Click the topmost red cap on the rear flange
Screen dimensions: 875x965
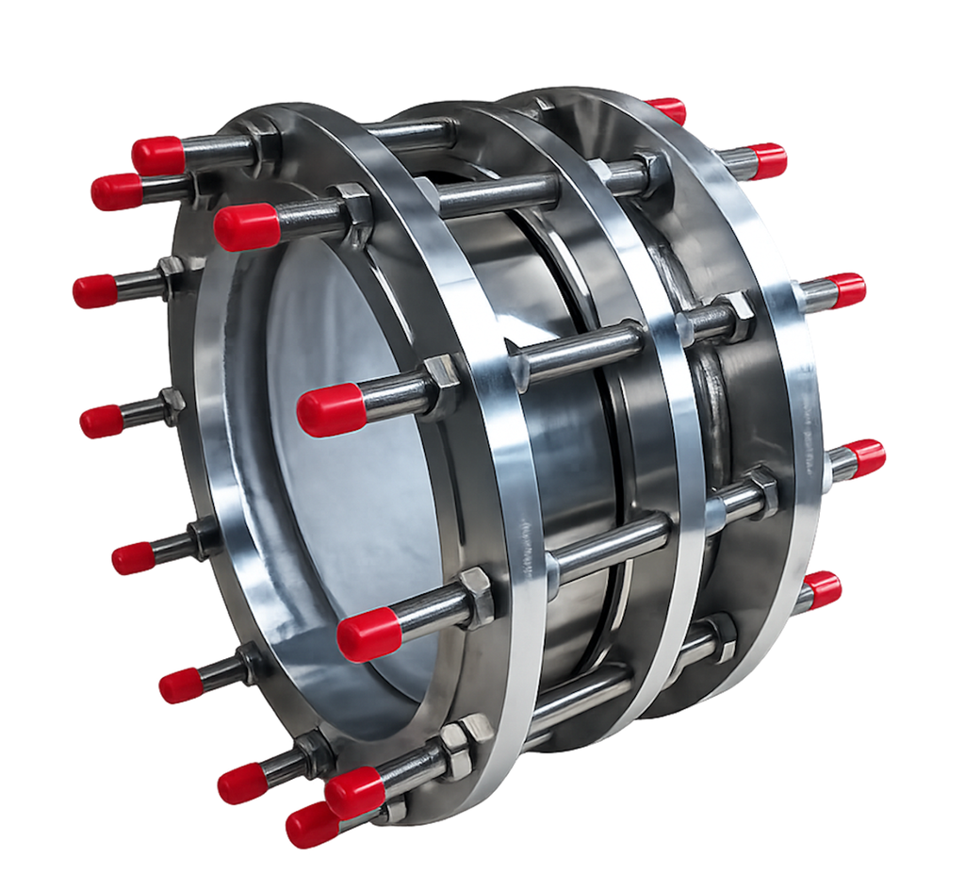point(667,110)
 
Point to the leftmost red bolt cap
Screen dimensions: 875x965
point(95,291)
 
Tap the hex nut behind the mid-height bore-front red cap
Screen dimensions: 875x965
point(440,386)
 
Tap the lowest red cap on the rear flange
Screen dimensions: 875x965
point(821,590)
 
